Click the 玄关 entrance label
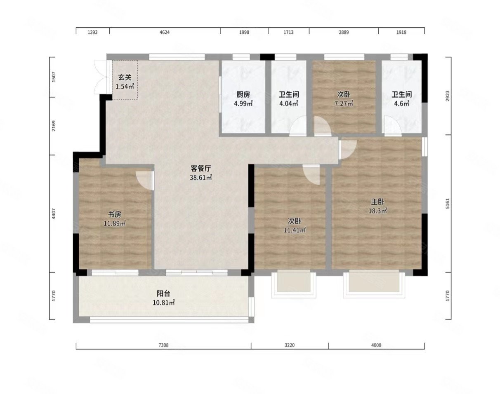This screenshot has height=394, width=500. [125, 77]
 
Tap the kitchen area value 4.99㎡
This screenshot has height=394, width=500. [243, 103]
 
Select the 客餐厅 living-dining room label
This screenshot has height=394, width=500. [201, 168]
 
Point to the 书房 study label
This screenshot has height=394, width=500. [115, 214]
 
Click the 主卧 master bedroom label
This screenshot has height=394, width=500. [377, 202]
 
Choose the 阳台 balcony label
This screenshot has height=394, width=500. [163, 294]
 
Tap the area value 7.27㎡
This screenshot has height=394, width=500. [344, 103]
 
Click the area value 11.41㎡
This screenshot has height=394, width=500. [295, 230]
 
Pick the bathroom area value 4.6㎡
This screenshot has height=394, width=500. [401, 103]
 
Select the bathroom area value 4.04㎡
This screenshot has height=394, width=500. [288, 103]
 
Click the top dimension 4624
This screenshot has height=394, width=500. [165, 32]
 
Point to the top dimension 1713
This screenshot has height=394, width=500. [288, 32]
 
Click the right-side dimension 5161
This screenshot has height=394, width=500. [448, 203]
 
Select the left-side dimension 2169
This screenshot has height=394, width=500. [54, 126]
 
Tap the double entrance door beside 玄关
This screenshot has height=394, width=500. [102, 77]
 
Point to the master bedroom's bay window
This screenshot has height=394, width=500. [374, 284]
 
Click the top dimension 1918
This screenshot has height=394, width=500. [401, 32]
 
